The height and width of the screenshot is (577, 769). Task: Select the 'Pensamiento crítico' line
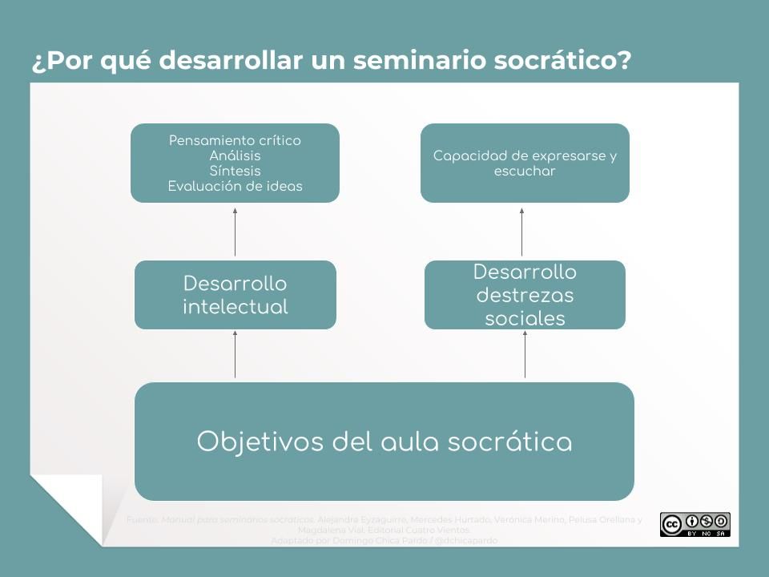tap(235, 140)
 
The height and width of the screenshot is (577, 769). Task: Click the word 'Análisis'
tap(235, 155)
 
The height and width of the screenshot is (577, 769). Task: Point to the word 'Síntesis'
tap(235, 171)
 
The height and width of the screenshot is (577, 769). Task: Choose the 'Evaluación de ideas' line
tap(235, 186)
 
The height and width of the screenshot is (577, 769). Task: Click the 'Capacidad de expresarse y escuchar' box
tap(525, 163)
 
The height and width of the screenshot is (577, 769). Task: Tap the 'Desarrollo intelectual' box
tap(235, 294)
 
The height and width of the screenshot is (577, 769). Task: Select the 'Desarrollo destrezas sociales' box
tap(525, 294)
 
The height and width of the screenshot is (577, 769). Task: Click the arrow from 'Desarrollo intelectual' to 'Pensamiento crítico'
tap(235, 232)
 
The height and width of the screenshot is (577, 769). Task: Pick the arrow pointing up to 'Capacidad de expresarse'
tap(521, 232)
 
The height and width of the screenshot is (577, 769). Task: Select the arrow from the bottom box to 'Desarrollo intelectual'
tap(235, 354)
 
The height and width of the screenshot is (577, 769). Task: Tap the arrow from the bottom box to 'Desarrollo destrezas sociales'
tap(525, 354)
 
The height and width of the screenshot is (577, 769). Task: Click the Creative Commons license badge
tap(695, 524)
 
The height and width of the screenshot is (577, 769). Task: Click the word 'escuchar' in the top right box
tap(525, 171)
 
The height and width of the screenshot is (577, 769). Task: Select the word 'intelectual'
tap(235, 306)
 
